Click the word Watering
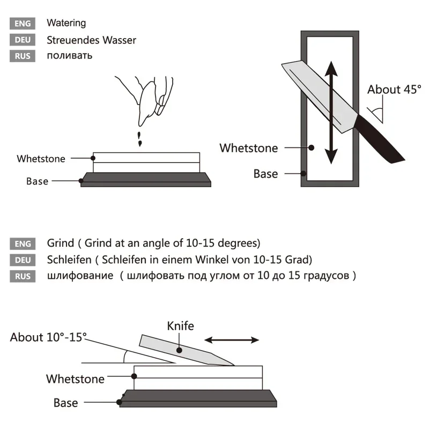[x=66, y=23]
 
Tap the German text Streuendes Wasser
[x=91, y=40]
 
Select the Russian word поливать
[x=69, y=55]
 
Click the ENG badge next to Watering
[x=23, y=24]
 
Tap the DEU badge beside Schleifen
[x=23, y=260]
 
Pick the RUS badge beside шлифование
[x=23, y=277]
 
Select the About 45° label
[x=394, y=90]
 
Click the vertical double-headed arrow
[x=331, y=112]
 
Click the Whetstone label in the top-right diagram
[x=249, y=148]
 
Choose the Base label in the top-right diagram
[x=265, y=174]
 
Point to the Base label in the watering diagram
[x=37, y=181]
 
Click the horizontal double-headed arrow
[x=232, y=340]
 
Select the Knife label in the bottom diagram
[x=181, y=326]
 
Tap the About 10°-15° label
[x=48, y=337]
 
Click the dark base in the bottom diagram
[x=198, y=398]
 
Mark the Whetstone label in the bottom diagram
[x=75, y=379]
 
